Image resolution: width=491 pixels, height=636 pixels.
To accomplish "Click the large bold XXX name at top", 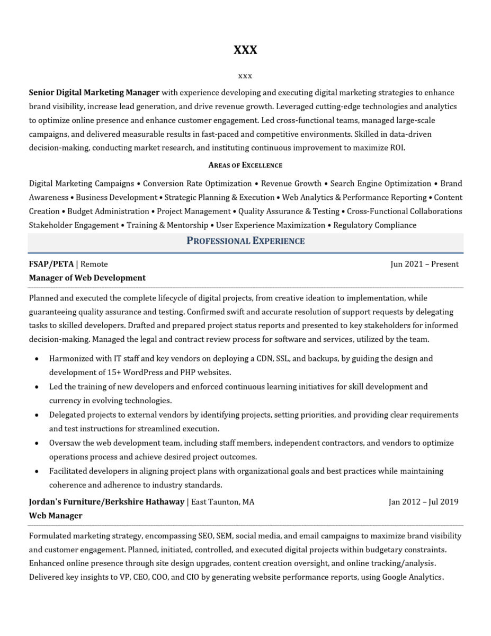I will pos(245,50).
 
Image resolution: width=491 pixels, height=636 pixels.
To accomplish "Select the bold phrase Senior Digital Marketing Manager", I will pos(94,92).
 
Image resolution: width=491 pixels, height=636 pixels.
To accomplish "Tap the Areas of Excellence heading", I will pos(245,165).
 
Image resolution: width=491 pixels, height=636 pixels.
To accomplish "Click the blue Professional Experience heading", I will pos(245,241).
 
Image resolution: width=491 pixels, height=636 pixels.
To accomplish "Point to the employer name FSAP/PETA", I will pos(51,264).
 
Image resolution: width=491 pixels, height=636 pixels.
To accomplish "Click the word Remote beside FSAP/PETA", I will pos(94,264).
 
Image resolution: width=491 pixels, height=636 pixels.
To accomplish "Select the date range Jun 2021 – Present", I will pos(424,264).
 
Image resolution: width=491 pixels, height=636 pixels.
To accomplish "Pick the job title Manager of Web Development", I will pos(87,278).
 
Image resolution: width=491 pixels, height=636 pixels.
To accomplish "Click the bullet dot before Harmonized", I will pos(37,359).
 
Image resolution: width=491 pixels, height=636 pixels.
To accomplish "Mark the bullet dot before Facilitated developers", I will pos(37,471).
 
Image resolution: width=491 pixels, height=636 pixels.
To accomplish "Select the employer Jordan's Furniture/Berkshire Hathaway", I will pos(106,501).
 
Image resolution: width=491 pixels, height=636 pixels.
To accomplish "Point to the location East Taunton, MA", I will pos(222,501).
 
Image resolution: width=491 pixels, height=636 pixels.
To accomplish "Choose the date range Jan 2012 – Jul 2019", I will pos(423,501).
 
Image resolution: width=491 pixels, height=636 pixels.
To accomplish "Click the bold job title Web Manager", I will pos(56,515).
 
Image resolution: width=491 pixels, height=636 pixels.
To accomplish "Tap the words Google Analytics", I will pos(412,577).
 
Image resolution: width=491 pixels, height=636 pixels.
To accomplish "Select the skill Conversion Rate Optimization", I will pos(197,183).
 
